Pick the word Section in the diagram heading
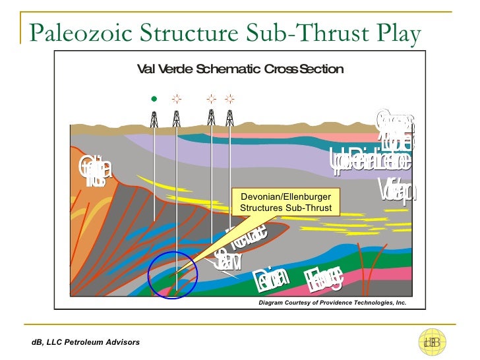(x=320, y=69)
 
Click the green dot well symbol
(x=154, y=100)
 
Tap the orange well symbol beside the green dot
(x=176, y=100)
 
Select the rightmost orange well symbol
(x=229, y=100)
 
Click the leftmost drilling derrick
(x=154, y=119)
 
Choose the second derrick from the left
(x=176, y=119)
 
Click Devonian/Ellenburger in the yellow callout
(x=285, y=197)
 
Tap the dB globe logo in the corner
(x=433, y=342)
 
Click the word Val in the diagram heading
(x=144, y=69)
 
